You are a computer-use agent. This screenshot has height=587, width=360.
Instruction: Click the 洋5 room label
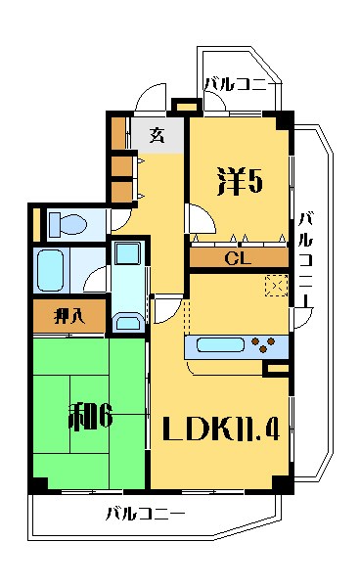coord(240,181)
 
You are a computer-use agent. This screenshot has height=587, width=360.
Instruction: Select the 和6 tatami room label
coord(89,417)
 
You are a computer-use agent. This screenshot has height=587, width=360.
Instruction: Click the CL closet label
coord(238,259)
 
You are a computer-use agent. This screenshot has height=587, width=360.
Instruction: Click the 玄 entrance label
coord(157,135)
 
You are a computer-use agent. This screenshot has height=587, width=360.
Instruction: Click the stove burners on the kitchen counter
coord(265,344)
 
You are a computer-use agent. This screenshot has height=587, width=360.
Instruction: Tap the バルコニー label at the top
coord(235,84)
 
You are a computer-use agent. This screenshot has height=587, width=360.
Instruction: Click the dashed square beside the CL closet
coord(277,287)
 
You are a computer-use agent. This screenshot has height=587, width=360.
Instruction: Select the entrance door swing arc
coord(147,100)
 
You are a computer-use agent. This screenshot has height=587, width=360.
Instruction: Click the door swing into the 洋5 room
coord(195,222)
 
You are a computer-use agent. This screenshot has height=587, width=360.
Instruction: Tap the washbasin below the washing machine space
coord(127,320)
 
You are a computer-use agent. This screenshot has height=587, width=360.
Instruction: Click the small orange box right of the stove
coord(277,369)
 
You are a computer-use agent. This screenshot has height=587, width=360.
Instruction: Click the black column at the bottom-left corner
coord(39,484)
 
